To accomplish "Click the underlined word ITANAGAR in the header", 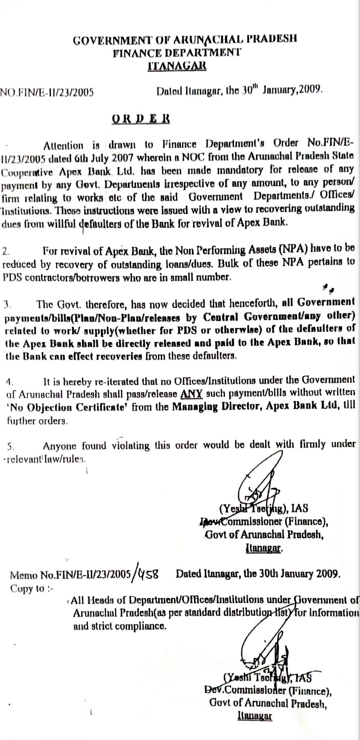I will (177, 66).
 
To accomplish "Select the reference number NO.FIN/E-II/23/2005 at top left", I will (46, 92).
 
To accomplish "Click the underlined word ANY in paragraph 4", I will (191, 394).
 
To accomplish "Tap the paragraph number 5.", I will (11, 446).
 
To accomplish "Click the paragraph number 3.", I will (8, 304).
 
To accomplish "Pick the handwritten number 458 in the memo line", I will (148, 574).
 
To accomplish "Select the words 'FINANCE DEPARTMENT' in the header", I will (177, 53).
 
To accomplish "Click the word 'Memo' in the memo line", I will (24, 575).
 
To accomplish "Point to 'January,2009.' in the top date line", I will (293, 90).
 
